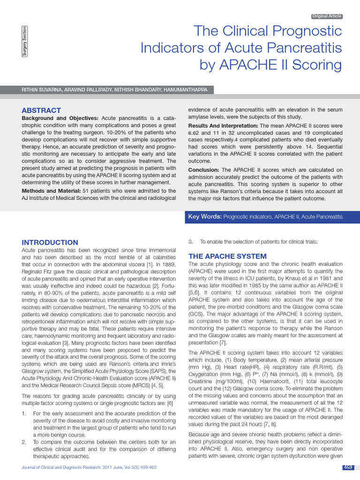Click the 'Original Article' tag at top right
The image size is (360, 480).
click(x=327, y=16)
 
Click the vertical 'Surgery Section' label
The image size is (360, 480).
click(x=24, y=41)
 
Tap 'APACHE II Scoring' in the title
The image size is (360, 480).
click(x=271, y=65)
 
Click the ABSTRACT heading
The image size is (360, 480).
click(x=41, y=110)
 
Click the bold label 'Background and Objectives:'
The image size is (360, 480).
click(x=60, y=118)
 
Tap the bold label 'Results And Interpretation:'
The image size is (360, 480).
click(x=223, y=126)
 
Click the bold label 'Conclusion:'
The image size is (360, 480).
click(x=203, y=170)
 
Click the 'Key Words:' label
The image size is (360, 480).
click(x=204, y=217)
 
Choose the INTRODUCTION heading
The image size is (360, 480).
click(x=50, y=242)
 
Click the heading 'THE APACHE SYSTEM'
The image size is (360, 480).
click(x=227, y=256)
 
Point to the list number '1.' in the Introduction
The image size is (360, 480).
click(x=24, y=413)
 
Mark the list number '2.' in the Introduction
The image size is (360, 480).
click(x=24, y=442)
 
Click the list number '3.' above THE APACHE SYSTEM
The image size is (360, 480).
click(x=190, y=242)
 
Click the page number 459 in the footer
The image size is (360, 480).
click(x=348, y=467)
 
